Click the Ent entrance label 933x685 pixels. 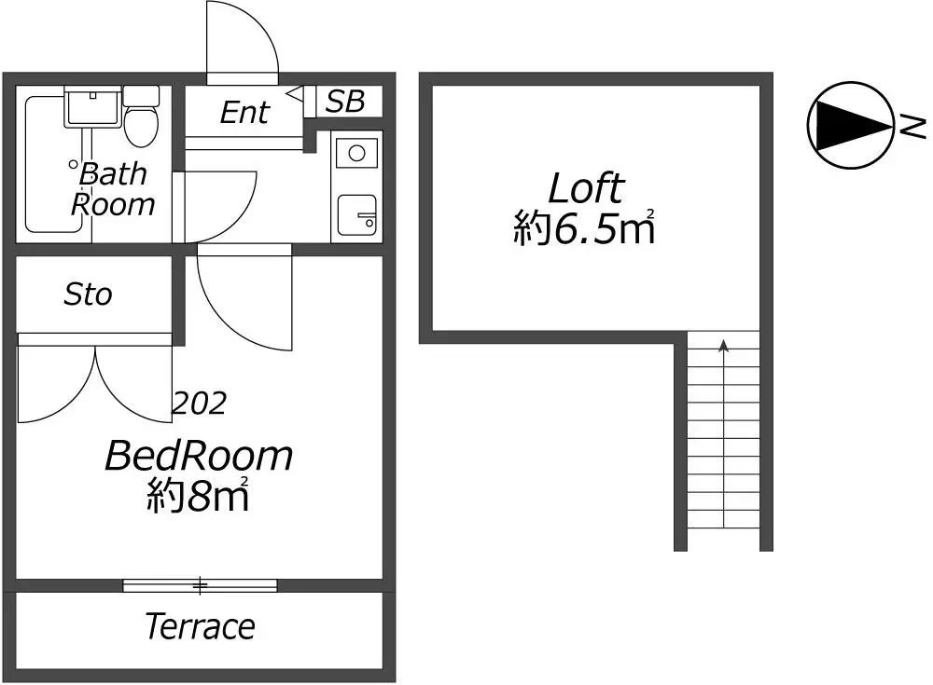(244, 112)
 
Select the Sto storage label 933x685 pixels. (88, 295)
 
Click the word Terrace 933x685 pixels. (200, 626)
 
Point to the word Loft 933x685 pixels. (586, 188)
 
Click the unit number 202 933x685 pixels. (200, 404)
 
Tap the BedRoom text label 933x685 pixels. (199, 456)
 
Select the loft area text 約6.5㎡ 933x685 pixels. (584, 227)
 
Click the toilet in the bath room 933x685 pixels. (141, 116)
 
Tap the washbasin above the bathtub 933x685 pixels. (92, 106)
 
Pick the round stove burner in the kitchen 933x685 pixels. (356, 154)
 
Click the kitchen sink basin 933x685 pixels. (357, 214)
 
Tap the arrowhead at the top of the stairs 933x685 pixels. (724, 345)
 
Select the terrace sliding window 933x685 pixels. (200, 585)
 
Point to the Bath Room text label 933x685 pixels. (113, 189)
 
